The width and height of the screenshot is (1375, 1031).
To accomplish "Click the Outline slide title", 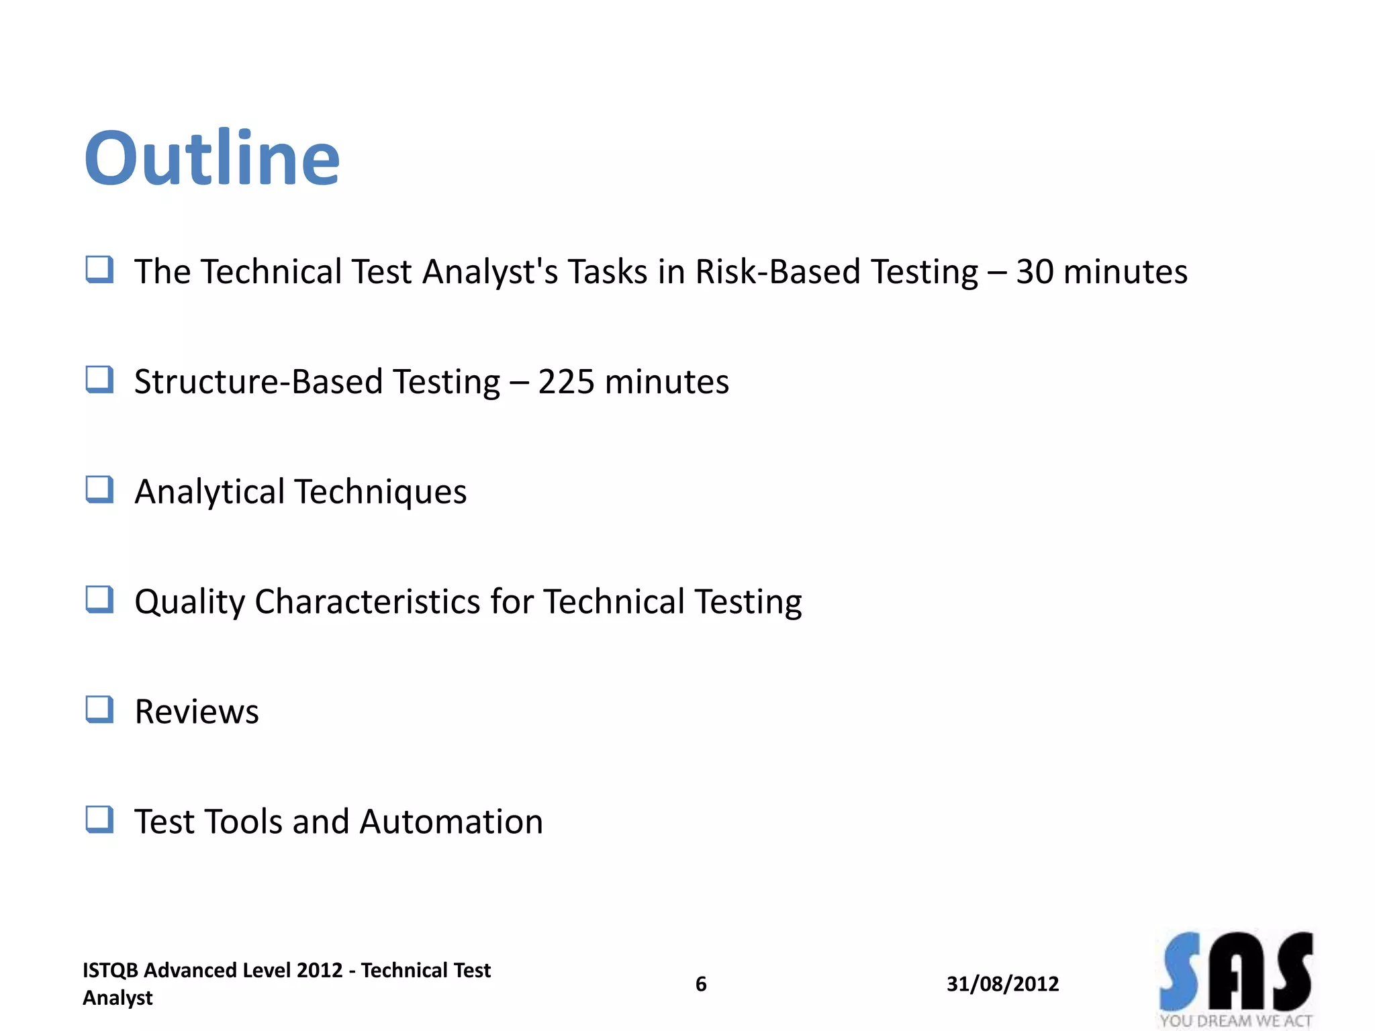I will pyautogui.click(x=212, y=158).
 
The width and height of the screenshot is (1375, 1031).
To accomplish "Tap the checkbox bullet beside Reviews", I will pyautogui.click(x=99, y=709).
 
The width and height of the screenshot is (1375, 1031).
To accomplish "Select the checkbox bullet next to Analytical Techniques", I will pyautogui.click(x=99, y=489).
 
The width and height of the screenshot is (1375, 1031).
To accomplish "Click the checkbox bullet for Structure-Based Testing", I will pyautogui.click(x=99, y=379).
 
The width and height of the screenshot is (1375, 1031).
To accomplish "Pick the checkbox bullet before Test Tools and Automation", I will pyautogui.click(x=99, y=820).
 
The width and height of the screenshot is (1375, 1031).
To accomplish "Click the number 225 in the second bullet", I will pyautogui.click(x=566, y=382).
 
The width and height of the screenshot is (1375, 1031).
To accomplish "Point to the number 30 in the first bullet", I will pyautogui.click(x=1034, y=272).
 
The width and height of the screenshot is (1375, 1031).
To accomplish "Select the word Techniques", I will pyautogui.click(x=381, y=492).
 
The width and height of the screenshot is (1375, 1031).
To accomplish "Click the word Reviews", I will pyautogui.click(x=197, y=711).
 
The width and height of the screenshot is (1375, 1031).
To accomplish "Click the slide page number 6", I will pyautogui.click(x=701, y=984).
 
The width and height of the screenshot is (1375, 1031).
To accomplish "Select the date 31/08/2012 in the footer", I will pyautogui.click(x=1002, y=984).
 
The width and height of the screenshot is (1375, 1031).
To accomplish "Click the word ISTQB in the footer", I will pyautogui.click(x=110, y=970).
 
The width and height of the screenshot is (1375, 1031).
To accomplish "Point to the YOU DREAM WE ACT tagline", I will pyautogui.click(x=1235, y=1021).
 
